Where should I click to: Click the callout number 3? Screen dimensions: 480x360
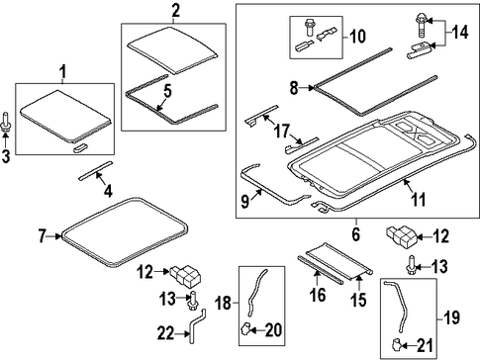click(6, 156)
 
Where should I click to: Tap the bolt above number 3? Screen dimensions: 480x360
click(6, 122)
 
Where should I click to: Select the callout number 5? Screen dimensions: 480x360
click(167, 91)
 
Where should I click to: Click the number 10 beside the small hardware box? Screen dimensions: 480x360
click(357, 37)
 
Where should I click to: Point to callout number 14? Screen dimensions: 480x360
click(460, 33)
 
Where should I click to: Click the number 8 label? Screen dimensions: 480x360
click(294, 88)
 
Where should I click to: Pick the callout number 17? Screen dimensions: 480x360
click(283, 131)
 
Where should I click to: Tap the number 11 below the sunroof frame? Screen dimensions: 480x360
click(418, 200)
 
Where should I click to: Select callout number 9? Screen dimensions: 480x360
click(245, 202)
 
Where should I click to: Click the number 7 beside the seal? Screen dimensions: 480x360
click(42, 236)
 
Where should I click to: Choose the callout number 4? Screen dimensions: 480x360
click(108, 192)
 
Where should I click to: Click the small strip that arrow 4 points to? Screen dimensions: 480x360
click(95, 171)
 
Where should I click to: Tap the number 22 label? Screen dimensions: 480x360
click(165, 334)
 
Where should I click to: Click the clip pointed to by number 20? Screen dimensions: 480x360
click(245, 328)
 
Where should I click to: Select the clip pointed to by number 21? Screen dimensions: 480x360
click(396, 345)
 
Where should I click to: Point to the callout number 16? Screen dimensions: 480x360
click(318, 295)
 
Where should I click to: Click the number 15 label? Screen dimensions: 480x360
click(358, 300)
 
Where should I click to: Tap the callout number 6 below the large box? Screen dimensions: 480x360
click(355, 234)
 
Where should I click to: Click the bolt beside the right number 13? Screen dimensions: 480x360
click(412, 265)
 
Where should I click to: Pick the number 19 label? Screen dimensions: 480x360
click(451, 317)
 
